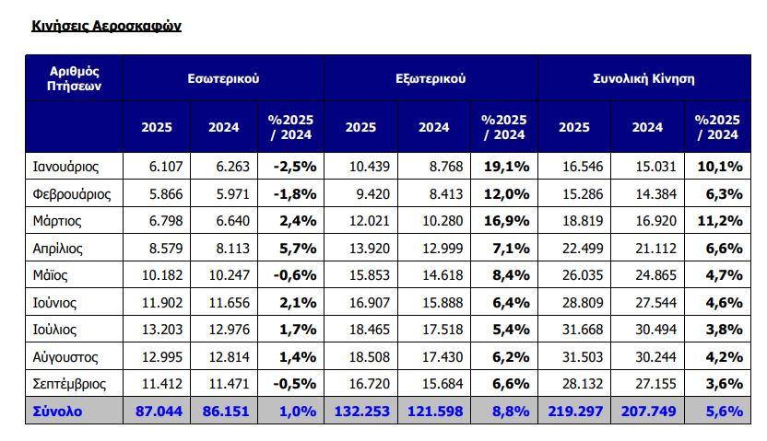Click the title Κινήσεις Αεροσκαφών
(x=106, y=26)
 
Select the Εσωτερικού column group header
(x=223, y=78)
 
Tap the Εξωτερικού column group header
(x=430, y=78)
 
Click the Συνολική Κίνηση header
(x=643, y=78)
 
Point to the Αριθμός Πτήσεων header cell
(x=74, y=78)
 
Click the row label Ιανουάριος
(x=65, y=167)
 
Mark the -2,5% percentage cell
(x=294, y=167)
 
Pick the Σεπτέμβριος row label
(x=69, y=384)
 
